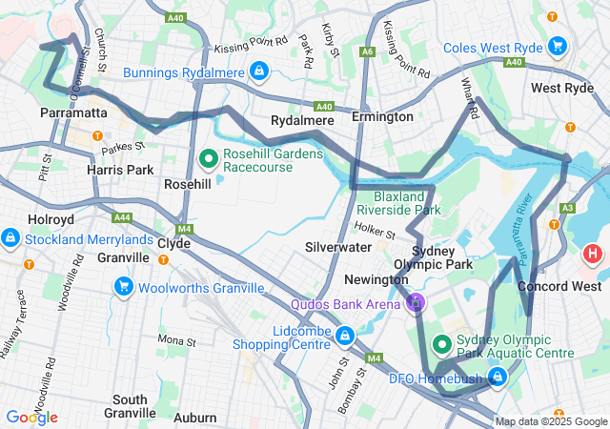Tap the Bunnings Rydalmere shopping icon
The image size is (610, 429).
pos(258,71)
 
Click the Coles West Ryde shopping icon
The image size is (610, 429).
pos(558,46)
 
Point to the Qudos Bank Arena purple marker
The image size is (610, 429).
pos(415,304)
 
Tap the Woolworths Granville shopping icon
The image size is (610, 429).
pos(123,286)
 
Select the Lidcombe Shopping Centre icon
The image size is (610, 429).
pos(344,335)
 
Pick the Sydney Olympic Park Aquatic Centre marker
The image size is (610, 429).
pos(443,343)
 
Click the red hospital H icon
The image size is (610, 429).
pos(593,255)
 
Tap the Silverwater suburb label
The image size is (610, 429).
pos(337,246)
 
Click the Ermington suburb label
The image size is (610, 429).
pos(382,116)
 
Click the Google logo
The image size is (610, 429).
pos(31,417)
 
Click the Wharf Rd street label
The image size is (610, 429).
pos(470,98)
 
